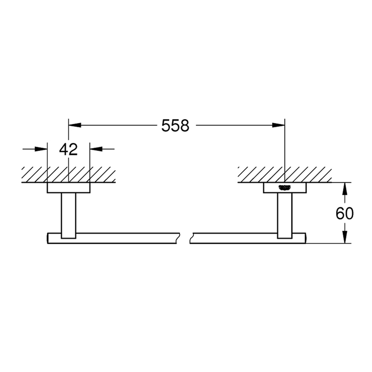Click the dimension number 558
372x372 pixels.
point(175,126)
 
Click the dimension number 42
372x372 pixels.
point(68,149)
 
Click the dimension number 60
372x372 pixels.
point(345,213)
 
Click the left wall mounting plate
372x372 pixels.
point(68,188)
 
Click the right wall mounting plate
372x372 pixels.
point(284,188)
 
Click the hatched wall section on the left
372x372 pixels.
point(68,174)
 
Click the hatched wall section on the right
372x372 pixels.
point(284,174)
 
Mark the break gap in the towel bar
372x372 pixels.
point(184,238)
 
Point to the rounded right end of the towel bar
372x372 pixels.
point(305,238)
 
